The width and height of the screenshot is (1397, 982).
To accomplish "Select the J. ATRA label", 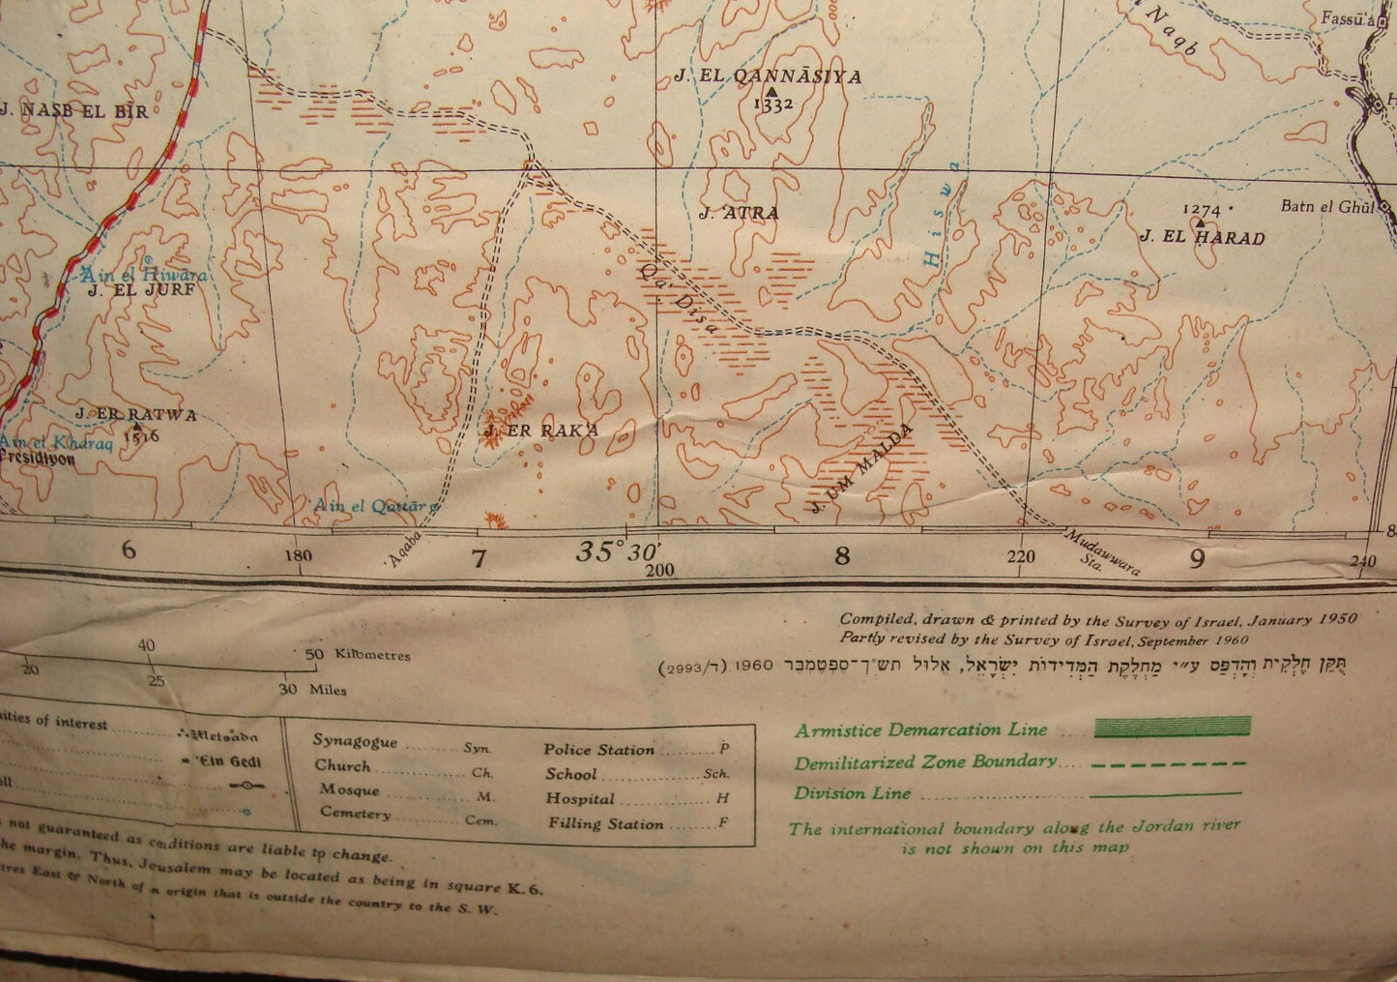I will [739, 213].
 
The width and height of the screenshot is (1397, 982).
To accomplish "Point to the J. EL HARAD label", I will [1202, 237].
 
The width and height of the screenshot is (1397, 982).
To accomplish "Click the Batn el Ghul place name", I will [1326, 206].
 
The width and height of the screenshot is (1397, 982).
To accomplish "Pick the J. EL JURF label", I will [141, 289].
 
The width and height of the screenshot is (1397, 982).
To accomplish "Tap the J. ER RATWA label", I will [136, 415].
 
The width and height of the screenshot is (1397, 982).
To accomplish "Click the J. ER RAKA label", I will [542, 431].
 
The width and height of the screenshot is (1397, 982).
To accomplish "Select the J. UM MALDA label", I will [863, 467].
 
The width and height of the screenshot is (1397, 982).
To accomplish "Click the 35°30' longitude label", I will [617, 552].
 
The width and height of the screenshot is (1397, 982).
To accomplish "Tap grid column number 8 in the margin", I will [843, 555].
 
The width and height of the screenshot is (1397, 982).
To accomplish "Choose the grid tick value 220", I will [1020, 556].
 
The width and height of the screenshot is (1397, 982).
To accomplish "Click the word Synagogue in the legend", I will [355, 741].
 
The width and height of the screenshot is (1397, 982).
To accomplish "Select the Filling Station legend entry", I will [605, 824].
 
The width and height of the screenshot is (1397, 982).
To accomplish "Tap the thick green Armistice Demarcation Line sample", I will [1172, 728].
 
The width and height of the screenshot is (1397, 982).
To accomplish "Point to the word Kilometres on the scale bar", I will [372, 655].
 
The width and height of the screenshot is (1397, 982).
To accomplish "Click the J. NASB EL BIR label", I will [74, 111].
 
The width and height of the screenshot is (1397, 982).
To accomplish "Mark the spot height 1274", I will [1202, 210].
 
